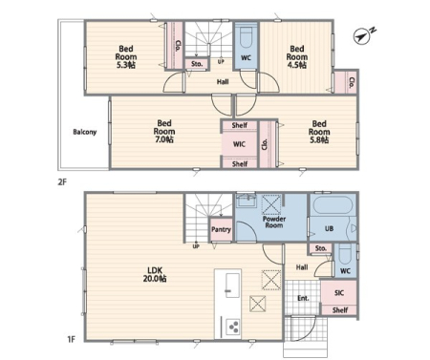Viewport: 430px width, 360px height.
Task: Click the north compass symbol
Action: click(x=362, y=36)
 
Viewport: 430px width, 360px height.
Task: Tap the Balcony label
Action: click(x=85, y=132)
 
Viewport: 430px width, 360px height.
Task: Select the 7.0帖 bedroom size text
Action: click(x=164, y=139)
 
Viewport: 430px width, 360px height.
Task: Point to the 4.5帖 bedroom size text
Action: click(x=297, y=65)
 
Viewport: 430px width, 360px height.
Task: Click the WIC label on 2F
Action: click(x=239, y=144)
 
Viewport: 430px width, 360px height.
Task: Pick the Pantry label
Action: click(x=221, y=229)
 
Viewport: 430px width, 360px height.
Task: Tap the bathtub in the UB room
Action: click(x=333, y=205)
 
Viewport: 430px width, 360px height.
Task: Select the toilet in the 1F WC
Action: click(x=345, y=254)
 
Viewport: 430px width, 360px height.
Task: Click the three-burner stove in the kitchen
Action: click(x=233, y=327)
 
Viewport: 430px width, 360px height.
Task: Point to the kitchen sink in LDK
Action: click(x=232, y=286)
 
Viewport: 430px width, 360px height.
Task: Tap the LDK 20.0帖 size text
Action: click(x=155, y=279)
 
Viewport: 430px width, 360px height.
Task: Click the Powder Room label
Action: click(x=274, y=222)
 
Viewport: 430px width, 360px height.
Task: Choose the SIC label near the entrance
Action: click(x=339, y=293)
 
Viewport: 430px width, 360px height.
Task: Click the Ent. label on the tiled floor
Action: click(x=303, y=298)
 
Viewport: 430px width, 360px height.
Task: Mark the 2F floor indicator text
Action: click(x=62, y=182)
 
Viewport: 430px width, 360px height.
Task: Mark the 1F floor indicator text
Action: click(x=71, y=339)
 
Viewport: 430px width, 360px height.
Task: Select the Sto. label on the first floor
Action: click(x=321, y=248)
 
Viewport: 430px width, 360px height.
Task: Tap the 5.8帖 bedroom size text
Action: click(x=319, y=140)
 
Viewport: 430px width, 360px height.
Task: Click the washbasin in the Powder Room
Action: click(x=246, y=201)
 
